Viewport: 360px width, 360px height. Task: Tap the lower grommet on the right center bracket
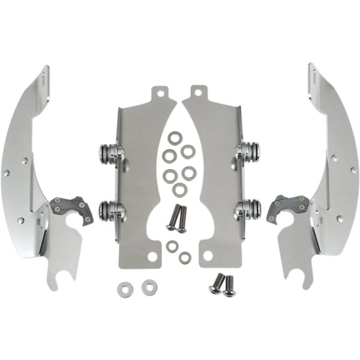point(248,209)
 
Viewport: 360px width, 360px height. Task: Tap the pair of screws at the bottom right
point(223,283)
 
